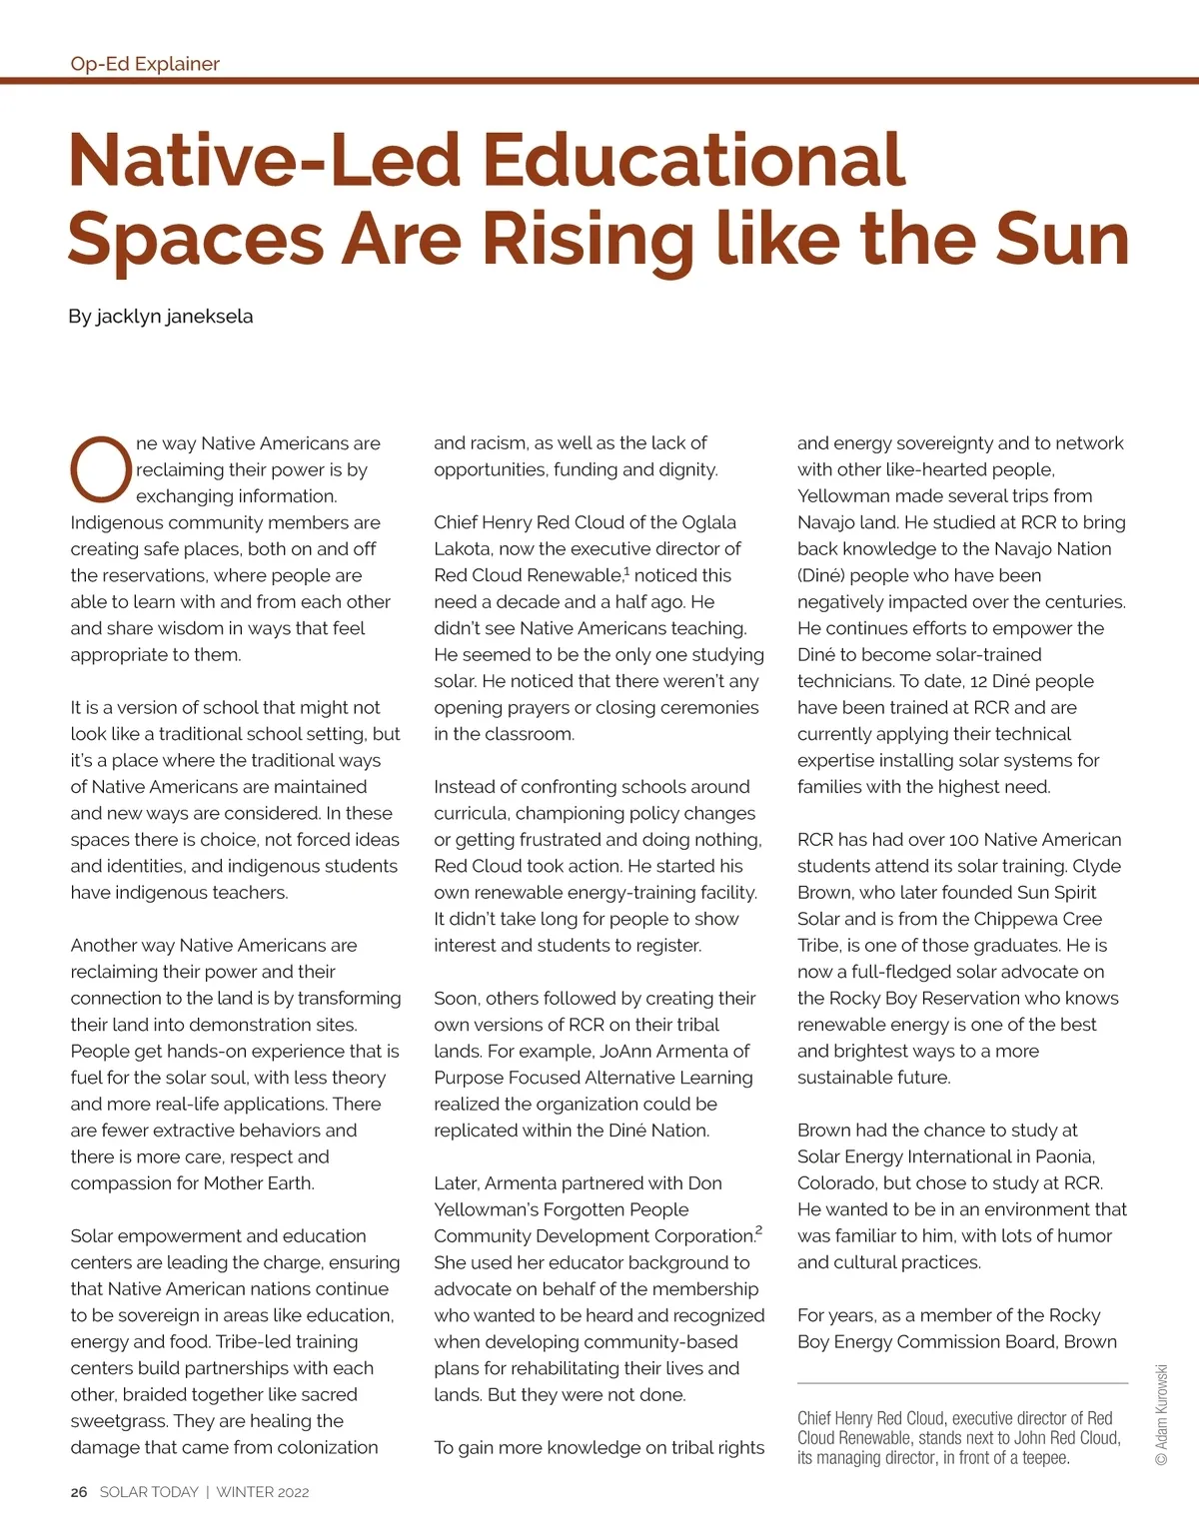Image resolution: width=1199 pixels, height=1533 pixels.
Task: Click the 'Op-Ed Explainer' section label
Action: click(x=145, y=64)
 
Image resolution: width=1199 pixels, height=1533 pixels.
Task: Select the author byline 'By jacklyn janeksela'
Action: click(x=161, y=317)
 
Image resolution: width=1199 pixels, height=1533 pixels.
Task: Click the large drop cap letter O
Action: click(x=100, y=469)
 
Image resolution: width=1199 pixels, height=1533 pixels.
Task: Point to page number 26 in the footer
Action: click(x=79, y=1492)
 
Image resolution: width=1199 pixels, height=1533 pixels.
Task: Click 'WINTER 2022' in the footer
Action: click(x=263, y=1492)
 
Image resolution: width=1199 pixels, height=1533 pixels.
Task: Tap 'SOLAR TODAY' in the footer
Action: click(x=149, y=1492)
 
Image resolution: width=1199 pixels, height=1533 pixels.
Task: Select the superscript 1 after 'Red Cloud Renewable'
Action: click(x=626, y=571)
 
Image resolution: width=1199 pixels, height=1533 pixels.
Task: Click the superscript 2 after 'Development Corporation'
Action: click(x=759, y=1230)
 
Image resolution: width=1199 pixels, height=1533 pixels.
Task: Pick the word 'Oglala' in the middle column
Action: click(x=708, y=522)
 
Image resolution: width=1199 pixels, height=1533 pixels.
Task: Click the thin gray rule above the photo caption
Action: click(x=962, y=1383)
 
